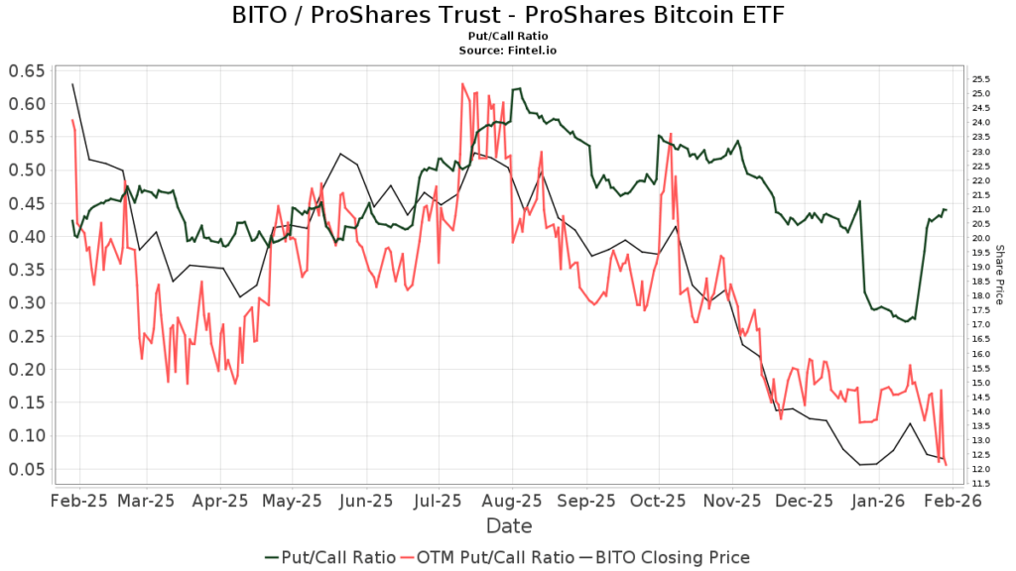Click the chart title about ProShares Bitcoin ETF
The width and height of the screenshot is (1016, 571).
(x=507, y=16)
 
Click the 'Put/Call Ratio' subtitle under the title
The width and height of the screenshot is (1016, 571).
(x=507, y=37)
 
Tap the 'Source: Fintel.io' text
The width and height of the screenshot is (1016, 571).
(x=507, y=50)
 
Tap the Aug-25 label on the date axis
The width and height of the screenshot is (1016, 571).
(x=513, y=502)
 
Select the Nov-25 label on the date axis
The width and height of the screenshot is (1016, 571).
(x=731, y=502)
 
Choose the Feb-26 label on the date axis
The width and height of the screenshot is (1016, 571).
(x=947, y=502)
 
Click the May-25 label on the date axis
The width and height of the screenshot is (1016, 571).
(x=294, y=502)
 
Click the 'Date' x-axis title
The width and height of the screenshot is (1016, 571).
(x=508, y=526)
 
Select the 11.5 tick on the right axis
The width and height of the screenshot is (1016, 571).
(x=980, y=484)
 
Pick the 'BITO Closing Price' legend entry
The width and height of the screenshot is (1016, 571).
(x=667, y=557)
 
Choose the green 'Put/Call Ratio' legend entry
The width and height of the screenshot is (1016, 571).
(x=330, y=557)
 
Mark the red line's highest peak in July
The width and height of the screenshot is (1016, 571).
(x=462, y=84)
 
